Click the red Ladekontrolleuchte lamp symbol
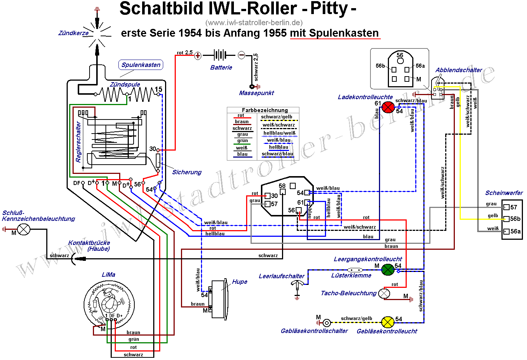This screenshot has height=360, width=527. pyautogui.click(x=387, y=107)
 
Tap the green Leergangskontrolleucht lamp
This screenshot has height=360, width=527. pyautogui.click(x=387, y=269)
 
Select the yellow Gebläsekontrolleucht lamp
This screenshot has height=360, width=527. pyautogui.click(x=387, y=322)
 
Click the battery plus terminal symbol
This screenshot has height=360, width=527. pyautogui.click(x=198, y=56)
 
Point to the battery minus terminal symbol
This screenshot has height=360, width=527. pyautogui.click(x=241, y=55)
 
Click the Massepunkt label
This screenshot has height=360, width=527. pyautogui.click(x=256, y=93)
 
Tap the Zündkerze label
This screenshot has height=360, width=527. pyautogui.click(x=73, y=33)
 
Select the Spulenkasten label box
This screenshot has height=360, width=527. pyautogui.click(x=141, y=65)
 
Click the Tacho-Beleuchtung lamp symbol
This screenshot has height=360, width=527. pyautogui.click(x=385, y=294)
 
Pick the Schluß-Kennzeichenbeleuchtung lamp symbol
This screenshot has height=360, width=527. pyautogui.click(x=24, y=229)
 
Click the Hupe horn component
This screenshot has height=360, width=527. pyautogui.click(x=218, y=299)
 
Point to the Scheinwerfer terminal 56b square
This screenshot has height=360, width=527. pyautogui.click(x=507, y=219)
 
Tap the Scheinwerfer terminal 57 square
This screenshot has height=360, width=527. pyautogui.click(x=507, y=207)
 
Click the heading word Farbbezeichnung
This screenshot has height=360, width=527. pyautogui.click(x=265, y=110)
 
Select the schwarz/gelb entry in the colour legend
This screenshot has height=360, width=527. pyautogui.click(x=277, y=117)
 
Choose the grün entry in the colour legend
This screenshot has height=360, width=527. pyautogui.click(x=242, y=141)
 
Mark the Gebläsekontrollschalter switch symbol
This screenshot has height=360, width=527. pyautogui.click(x=326, y=323)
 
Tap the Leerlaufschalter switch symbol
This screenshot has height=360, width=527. pyautogui.click(x=297, y=285)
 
